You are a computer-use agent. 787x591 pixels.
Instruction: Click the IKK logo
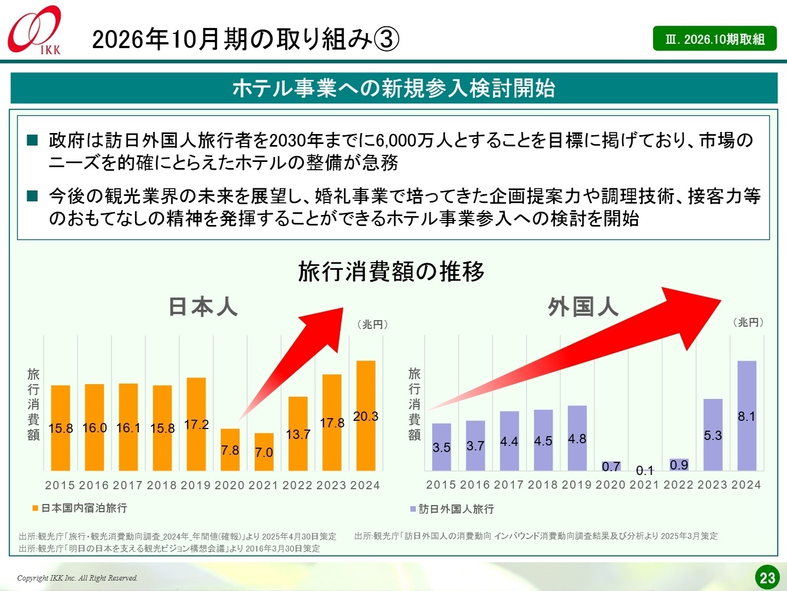pyautogui.click(x=34, y=30)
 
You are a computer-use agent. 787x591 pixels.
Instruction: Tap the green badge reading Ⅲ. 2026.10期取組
pyautogui.click(x=714, y=39)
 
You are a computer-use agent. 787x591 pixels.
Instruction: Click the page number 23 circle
pyautogui.click(x=767, y=577)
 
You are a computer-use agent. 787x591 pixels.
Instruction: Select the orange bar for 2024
pyautogui.click(x=366, y=415)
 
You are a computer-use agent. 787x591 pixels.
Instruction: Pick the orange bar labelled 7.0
pyautogui.click(x=264, y=451)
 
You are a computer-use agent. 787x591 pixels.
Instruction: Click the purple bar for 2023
pyautogui.click(x=713, y=434)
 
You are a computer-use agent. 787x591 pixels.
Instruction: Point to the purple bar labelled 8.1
pyautogui.click(x=747, y=415)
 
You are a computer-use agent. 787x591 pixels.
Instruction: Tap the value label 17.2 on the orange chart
pyautogui.click(x=196, y=425)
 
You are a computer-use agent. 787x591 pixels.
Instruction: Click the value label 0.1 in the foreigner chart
pyautogui.click(x=645, y=471)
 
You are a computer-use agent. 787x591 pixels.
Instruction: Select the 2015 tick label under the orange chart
pyautogui.click(x=60, y=485)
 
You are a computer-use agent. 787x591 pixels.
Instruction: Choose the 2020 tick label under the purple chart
pyautogui.click(x=610, y=485)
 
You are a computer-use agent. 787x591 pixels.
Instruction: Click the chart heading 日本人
pyautogui.click(x=203, y=307)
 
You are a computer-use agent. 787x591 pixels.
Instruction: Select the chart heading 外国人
pyautogui.click(x=583, y=307)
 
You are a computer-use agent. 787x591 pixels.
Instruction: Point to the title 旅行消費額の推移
pyautogui.click(x=391, y=271)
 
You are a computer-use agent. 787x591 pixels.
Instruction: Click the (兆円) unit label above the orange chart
pyautogui.click(x=373, y=325)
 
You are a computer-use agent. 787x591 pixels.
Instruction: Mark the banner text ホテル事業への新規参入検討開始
pyautogui.click(x=393, y=88)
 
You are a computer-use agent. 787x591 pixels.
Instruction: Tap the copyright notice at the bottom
pyautogui.click(x=77, y=578)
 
